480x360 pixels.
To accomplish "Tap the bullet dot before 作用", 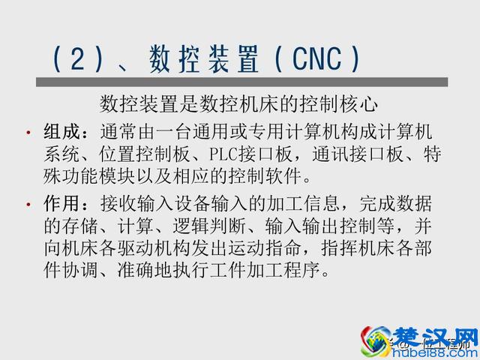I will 28,205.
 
